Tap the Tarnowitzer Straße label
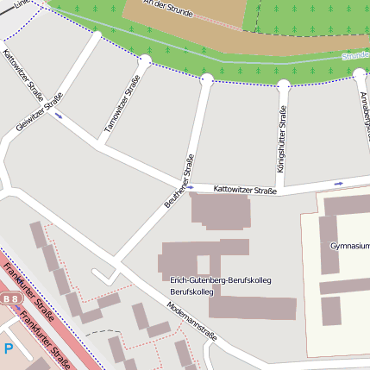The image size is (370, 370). (122, 103)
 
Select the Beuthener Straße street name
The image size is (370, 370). (179, 181)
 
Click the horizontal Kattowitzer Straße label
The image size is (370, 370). (245, 189)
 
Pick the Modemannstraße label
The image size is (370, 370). (192, 322)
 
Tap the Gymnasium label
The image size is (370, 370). (348, 246)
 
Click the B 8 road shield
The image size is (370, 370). (10, 299)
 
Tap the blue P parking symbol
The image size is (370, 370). (9, 348)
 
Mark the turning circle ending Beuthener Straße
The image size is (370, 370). (207, 79)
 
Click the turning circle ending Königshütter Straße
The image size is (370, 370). (283, 85)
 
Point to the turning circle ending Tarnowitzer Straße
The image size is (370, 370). (145, 60)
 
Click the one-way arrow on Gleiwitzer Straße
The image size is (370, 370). (59, 114)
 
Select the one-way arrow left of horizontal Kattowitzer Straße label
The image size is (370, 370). (191, 187)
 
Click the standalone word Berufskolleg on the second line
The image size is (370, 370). (191, 292)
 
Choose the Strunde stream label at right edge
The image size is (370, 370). (354, 55)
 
